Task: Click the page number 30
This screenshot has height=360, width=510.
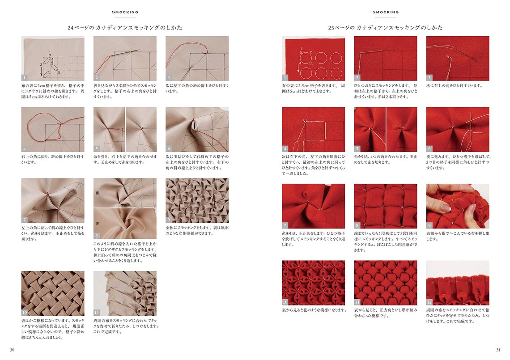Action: point(12,350)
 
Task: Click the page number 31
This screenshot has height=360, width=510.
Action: point(497,350)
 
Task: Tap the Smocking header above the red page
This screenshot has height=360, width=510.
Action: point(385,12)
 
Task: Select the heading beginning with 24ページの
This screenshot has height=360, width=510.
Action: point(125,28)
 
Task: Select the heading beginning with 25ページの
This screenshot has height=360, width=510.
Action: point(385,28)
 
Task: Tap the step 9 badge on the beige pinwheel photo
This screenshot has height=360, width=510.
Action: point(169,220)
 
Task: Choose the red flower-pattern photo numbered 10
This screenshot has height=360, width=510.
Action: point(313,283)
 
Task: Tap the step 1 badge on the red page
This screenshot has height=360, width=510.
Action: point(285,77)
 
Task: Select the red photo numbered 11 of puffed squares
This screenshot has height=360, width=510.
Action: point(385,283)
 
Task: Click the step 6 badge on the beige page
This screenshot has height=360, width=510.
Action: point(169,148)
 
